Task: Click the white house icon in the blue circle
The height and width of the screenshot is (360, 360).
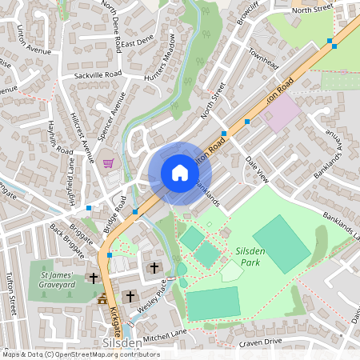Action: pos(180,173)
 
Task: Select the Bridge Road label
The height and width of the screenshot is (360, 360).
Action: pos(114,217)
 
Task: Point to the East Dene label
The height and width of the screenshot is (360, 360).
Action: pos(138,40)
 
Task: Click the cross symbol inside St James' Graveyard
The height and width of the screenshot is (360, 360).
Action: pos(94,278)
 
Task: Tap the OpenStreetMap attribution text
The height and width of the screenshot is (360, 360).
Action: pos(80,354)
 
